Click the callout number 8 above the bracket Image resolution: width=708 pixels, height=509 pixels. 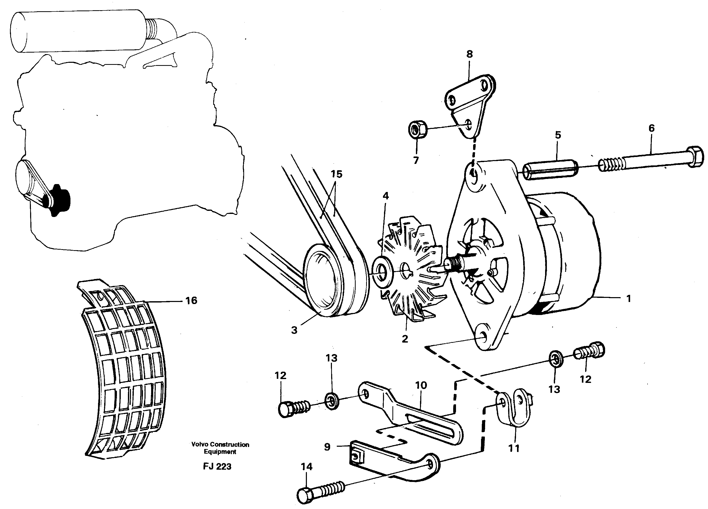point(469,54)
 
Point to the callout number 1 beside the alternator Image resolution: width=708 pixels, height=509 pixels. point(629,299)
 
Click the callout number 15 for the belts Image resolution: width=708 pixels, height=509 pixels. point(337,174)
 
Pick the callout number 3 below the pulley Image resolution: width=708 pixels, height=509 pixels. point(294,330)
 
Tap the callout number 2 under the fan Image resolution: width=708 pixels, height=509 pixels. point(405,338)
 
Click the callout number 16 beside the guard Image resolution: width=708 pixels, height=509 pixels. point(191,300)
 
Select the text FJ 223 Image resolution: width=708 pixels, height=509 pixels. point(217,467)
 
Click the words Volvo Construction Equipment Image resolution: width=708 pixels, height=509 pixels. point(220,448)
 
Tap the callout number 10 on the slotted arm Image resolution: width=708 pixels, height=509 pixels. point(421,385)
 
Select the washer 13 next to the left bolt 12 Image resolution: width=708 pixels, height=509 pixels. point(332,401)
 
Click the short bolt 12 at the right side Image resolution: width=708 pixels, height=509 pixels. point(589,352)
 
